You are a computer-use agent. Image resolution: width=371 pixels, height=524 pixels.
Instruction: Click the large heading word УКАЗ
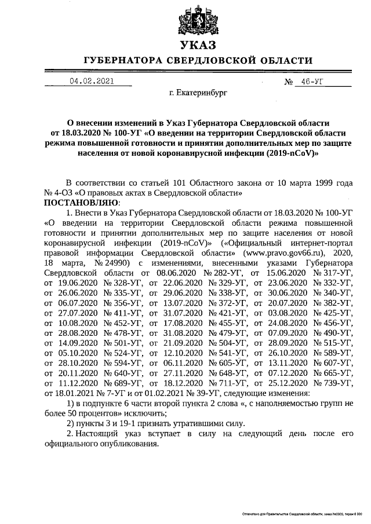198,45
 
